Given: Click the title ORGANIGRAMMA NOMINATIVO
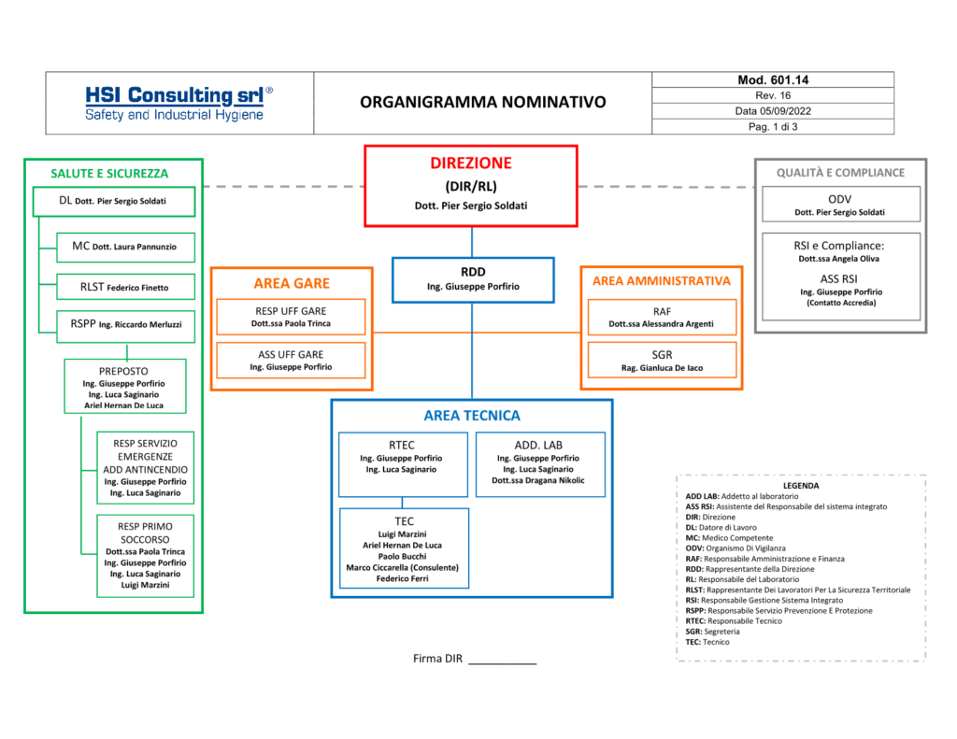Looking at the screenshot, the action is (483, 102).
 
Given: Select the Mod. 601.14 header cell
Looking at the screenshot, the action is (773, 80).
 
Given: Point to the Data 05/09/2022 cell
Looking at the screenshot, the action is (773, 111).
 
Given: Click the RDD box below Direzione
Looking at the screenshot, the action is (473, 280).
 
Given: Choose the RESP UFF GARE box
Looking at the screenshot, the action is (292, 317).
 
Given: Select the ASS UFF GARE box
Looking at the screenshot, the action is (292, 360).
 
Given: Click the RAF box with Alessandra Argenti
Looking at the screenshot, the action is (662, 318).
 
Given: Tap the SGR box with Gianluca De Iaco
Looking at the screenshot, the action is (662, 361).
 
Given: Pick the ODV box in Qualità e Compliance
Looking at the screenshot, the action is (840, 205).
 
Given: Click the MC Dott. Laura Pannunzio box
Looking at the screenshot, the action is (126, 248).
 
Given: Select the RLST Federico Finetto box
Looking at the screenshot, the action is (126, 287).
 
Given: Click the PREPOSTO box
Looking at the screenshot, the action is (125, 386).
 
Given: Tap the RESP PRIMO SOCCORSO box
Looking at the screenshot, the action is (145, 556).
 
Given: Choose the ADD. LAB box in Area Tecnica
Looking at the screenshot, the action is (540, 464).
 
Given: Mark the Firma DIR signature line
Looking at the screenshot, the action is (502, 663).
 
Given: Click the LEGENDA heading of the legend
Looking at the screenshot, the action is (801, 486).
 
